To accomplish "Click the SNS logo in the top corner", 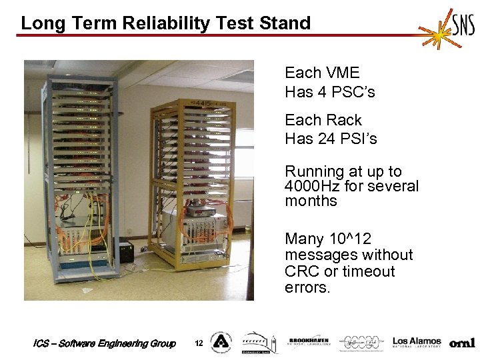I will [448, 28].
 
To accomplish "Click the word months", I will [311, 201].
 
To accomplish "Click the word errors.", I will [307, 288].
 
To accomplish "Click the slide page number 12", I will [198, 343].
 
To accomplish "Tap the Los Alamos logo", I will [417, 342].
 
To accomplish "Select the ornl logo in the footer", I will [462, 343].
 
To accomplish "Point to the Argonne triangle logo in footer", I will [221, 343].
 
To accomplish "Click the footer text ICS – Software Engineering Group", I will [104, 343].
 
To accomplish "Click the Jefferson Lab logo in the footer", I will [363, 342].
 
